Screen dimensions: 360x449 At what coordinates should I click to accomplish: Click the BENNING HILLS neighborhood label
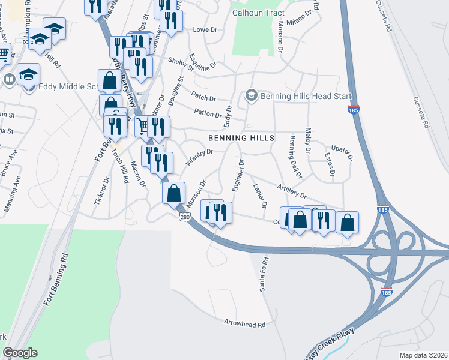(241, 138)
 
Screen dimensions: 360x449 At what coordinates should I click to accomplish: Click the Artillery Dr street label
(292, 192)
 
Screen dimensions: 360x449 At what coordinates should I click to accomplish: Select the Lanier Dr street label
(260, 195)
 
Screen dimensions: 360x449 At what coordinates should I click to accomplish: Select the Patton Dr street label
(208, 112)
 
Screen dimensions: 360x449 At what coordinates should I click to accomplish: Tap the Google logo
(20, 353)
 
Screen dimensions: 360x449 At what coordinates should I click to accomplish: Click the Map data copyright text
(423, 355)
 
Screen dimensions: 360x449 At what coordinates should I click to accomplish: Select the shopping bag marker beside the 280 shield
(173, 193)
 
